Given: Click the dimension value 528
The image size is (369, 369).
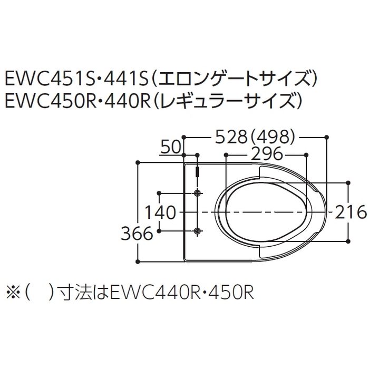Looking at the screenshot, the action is point(231,137).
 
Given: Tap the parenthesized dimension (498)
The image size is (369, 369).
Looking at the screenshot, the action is point(273,137).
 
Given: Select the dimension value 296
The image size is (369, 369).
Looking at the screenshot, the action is point(266,154).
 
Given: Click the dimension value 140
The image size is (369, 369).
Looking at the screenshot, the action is point(160,212).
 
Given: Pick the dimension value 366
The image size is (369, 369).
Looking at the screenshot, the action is point(137,234).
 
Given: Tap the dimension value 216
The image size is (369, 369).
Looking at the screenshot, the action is point(351,212).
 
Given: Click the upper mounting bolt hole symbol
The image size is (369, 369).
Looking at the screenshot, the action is point(198,193).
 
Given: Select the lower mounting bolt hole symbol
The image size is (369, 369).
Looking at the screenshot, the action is point(198,231).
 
